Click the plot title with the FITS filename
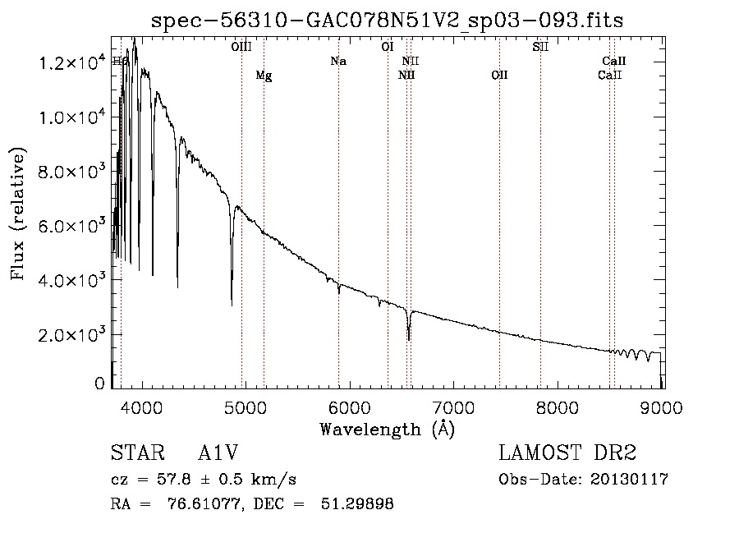388,21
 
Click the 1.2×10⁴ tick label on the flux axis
71,63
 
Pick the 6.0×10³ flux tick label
71,226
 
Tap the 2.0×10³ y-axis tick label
71,334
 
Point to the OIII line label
241,48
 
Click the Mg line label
264,76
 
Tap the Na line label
338,62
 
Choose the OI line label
388,48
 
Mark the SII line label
540,48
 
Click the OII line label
499,76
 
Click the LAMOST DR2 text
567,453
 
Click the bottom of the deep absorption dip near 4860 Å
232,305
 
